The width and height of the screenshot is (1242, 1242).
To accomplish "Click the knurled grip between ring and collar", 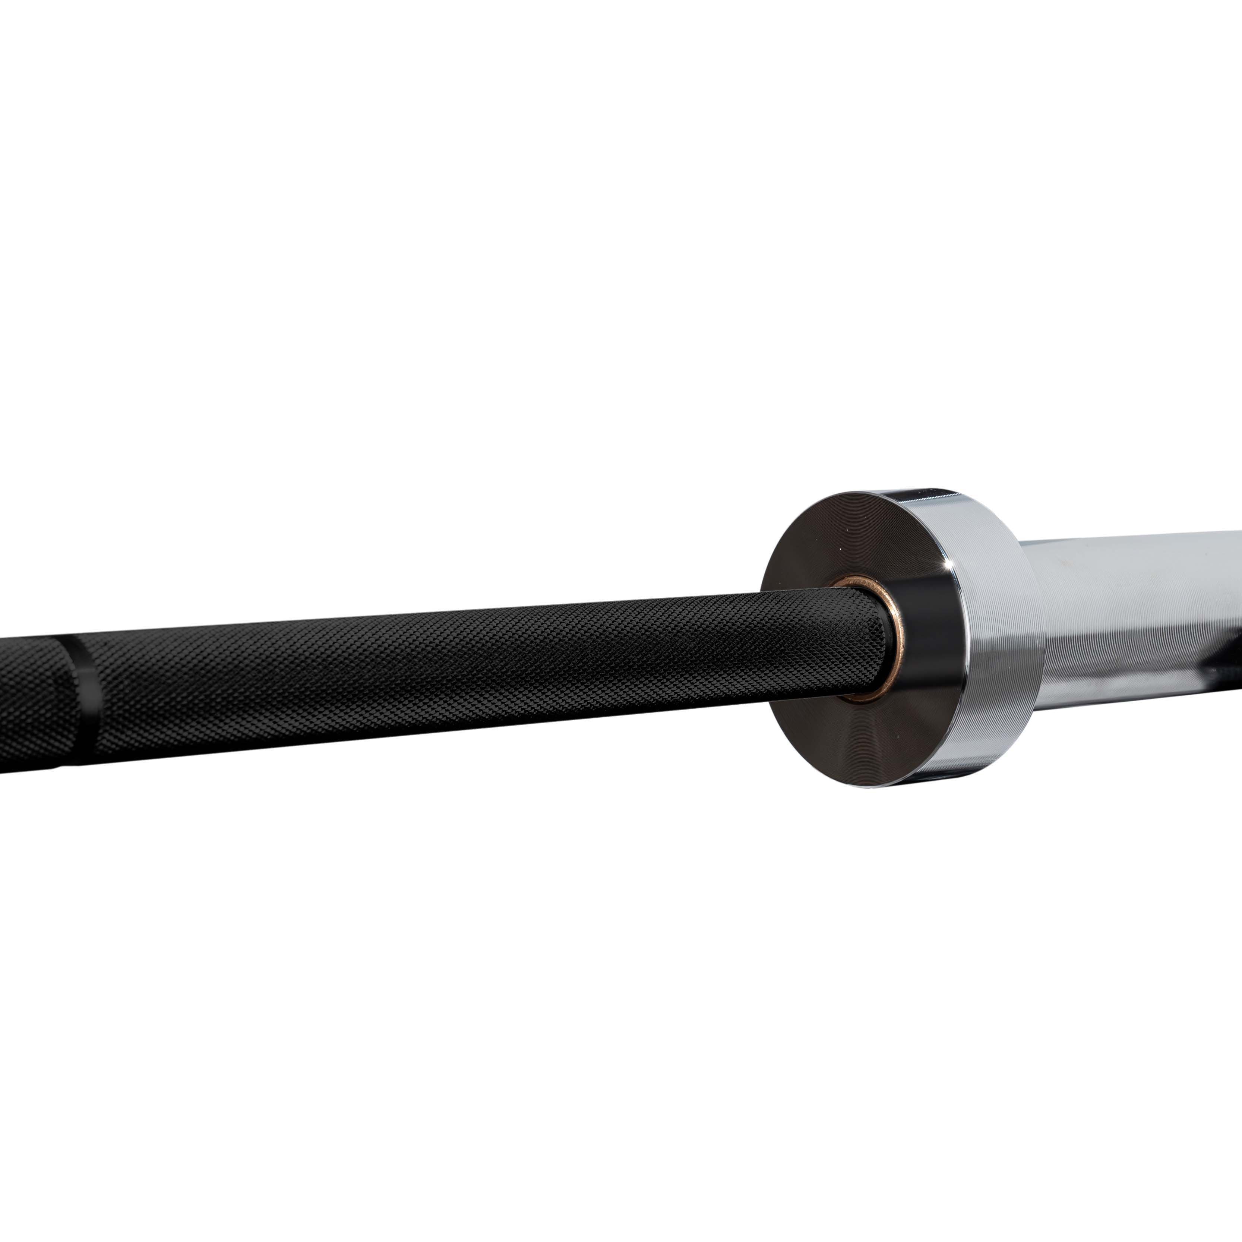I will (450, 675).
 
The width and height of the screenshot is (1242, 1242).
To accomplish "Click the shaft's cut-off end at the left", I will (3, 707).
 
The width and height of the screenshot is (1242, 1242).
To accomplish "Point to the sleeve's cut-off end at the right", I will (1238, 611).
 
